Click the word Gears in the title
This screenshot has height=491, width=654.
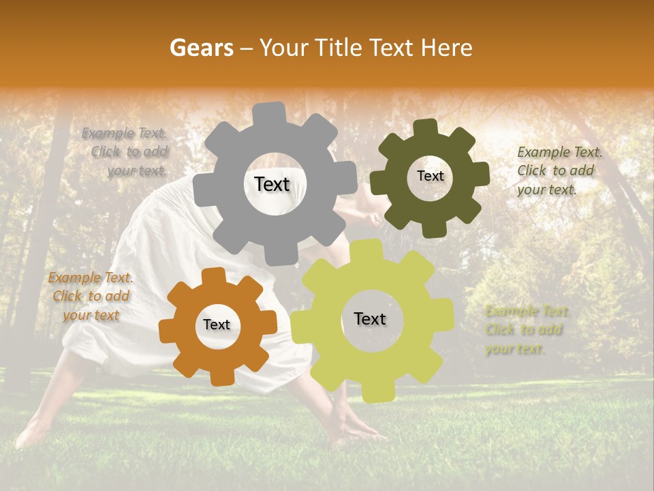[x=201, y=48]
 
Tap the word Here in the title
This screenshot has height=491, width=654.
[x=446, y=48]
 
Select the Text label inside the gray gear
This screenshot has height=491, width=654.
[x=272, y=184]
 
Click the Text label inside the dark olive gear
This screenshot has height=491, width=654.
[x=430, y=176]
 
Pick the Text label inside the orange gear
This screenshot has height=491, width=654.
[x=216, y=325]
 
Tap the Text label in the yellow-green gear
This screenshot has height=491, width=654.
[x=370, y=319]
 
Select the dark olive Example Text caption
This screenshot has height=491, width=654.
[x=559, y=170]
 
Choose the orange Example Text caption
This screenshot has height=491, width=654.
[x=91, y=296]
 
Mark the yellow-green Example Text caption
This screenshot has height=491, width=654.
[x=526, y=330]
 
